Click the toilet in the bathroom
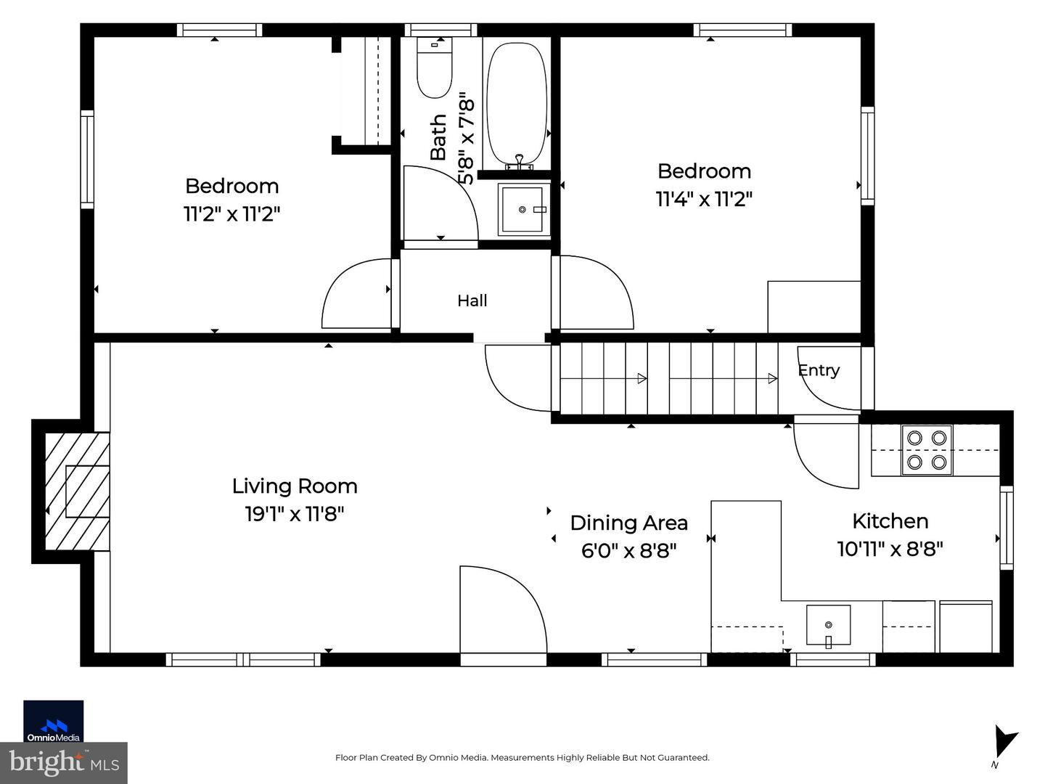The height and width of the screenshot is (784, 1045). (x=434, y=68)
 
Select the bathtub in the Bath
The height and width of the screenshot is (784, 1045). (x=517, y=105)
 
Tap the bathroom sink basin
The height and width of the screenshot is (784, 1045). (x=522, y=210)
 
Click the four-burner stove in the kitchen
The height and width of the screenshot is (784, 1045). (x=927, y=450)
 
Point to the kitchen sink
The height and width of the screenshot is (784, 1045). (x=829, y=625)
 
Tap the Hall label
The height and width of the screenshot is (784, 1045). (x=472, y=301)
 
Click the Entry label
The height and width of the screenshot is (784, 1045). (x=819, y=370)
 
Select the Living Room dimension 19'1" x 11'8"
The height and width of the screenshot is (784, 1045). (x=294, y=514)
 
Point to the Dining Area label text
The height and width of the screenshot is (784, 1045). (x=629, y=523)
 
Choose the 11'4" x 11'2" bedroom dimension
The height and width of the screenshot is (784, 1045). (x=704, y=200)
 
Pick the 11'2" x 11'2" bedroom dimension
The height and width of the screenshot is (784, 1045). (x=231, y=214)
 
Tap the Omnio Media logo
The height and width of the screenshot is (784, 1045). (x=53, y=721)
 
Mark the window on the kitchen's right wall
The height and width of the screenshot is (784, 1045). (x=1007, y=528)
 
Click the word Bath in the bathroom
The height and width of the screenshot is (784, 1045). (x=438, y=137)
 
